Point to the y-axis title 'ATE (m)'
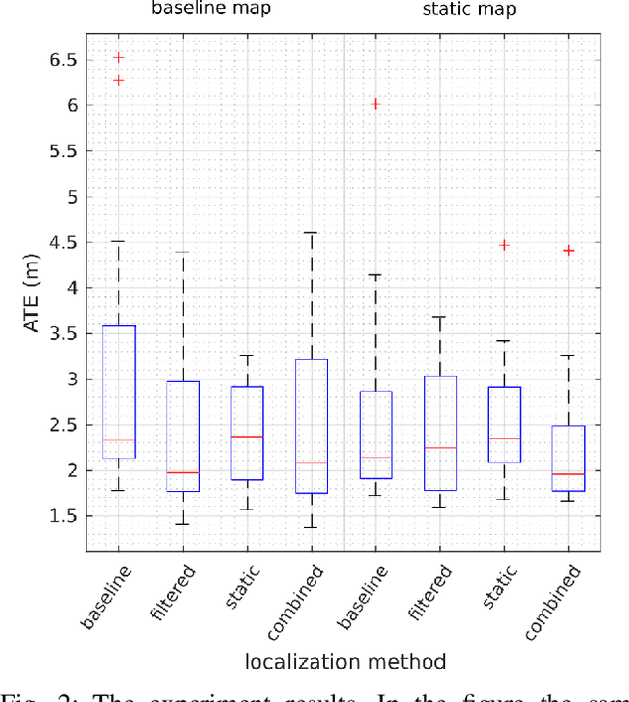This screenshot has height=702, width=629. tap(33, 291)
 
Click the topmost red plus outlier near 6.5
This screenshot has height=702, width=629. tap(119, 58)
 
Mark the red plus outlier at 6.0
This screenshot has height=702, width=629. tap(375, 104)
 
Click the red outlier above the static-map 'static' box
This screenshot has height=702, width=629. tap(504, 245)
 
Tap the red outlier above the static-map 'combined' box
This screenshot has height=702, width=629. tap(568, 251)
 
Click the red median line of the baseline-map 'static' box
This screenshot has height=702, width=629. tap(248, 436)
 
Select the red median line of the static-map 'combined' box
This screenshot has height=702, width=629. tap(568, 474)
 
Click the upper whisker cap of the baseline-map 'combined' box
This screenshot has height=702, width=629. tap(312, 233)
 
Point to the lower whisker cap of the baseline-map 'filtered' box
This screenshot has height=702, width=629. tap(183, 524)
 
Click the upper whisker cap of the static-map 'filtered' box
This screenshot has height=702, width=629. tap(440, 317)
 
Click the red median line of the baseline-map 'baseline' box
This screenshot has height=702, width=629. tap(119, 440)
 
